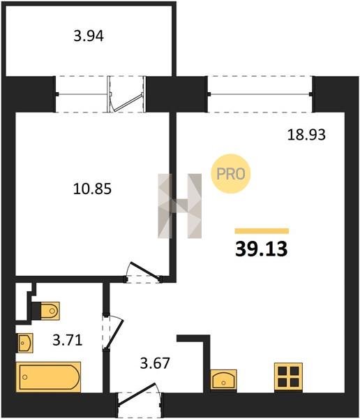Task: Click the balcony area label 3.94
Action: tap(89, 36)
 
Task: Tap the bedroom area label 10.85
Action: tap(92, 189)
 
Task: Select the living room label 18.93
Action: tap(306, 134)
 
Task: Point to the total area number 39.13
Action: tap(261, 249)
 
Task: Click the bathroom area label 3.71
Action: tap(67, 340)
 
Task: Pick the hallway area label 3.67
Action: tap(155, 363)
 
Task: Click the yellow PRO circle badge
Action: tap(231, 174)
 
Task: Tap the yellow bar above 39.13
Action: tap(262, 231)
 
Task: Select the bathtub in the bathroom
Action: tap(48, 377)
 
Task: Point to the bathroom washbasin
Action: tap(24, 343)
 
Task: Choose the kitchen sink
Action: tap(223, 379)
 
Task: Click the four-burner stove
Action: tap(289, 377)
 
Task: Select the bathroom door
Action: tap(112, 332)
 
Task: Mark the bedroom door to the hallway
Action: tap(143, 272)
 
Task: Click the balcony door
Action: tap(126, 94)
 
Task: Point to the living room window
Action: tap(260, 94)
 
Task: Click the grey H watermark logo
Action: tap(180, 206)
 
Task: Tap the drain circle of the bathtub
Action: tap(25, 377)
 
